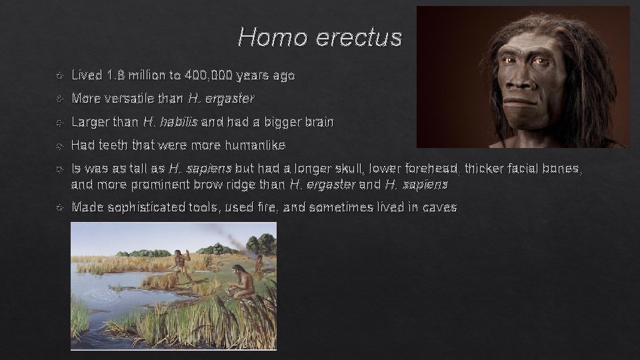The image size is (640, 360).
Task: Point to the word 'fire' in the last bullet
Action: tap(266, 207)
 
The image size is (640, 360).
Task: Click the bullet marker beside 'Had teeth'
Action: tap(61, 145)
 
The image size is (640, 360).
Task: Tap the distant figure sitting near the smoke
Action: tap(258, 263)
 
